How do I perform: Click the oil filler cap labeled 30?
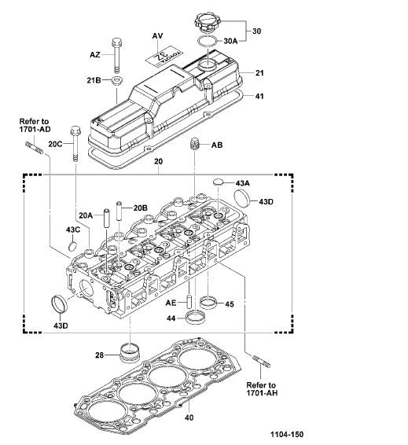(x=208, y=23)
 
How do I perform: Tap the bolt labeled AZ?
(x=116, y=56)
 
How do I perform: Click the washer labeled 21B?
(x=116, y=81)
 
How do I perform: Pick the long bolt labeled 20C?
(x=75, y=144)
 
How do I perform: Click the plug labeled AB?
(x=194, y=145)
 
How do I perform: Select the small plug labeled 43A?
(x=218, y=182)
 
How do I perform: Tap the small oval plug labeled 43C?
(x=72, y=246)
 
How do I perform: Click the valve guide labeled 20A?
(x=106, y=218)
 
